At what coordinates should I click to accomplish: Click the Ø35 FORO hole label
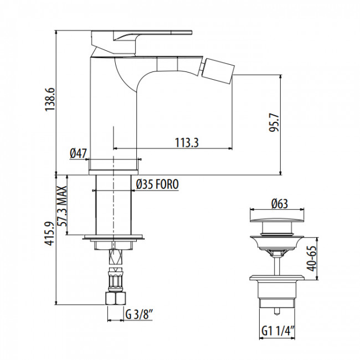click(x=157, y=184)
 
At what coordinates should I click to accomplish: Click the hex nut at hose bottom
click(x=115, y=297)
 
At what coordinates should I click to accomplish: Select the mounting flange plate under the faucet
click(x=114, y=240)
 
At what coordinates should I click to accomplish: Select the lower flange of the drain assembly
click(x=276, y=279)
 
